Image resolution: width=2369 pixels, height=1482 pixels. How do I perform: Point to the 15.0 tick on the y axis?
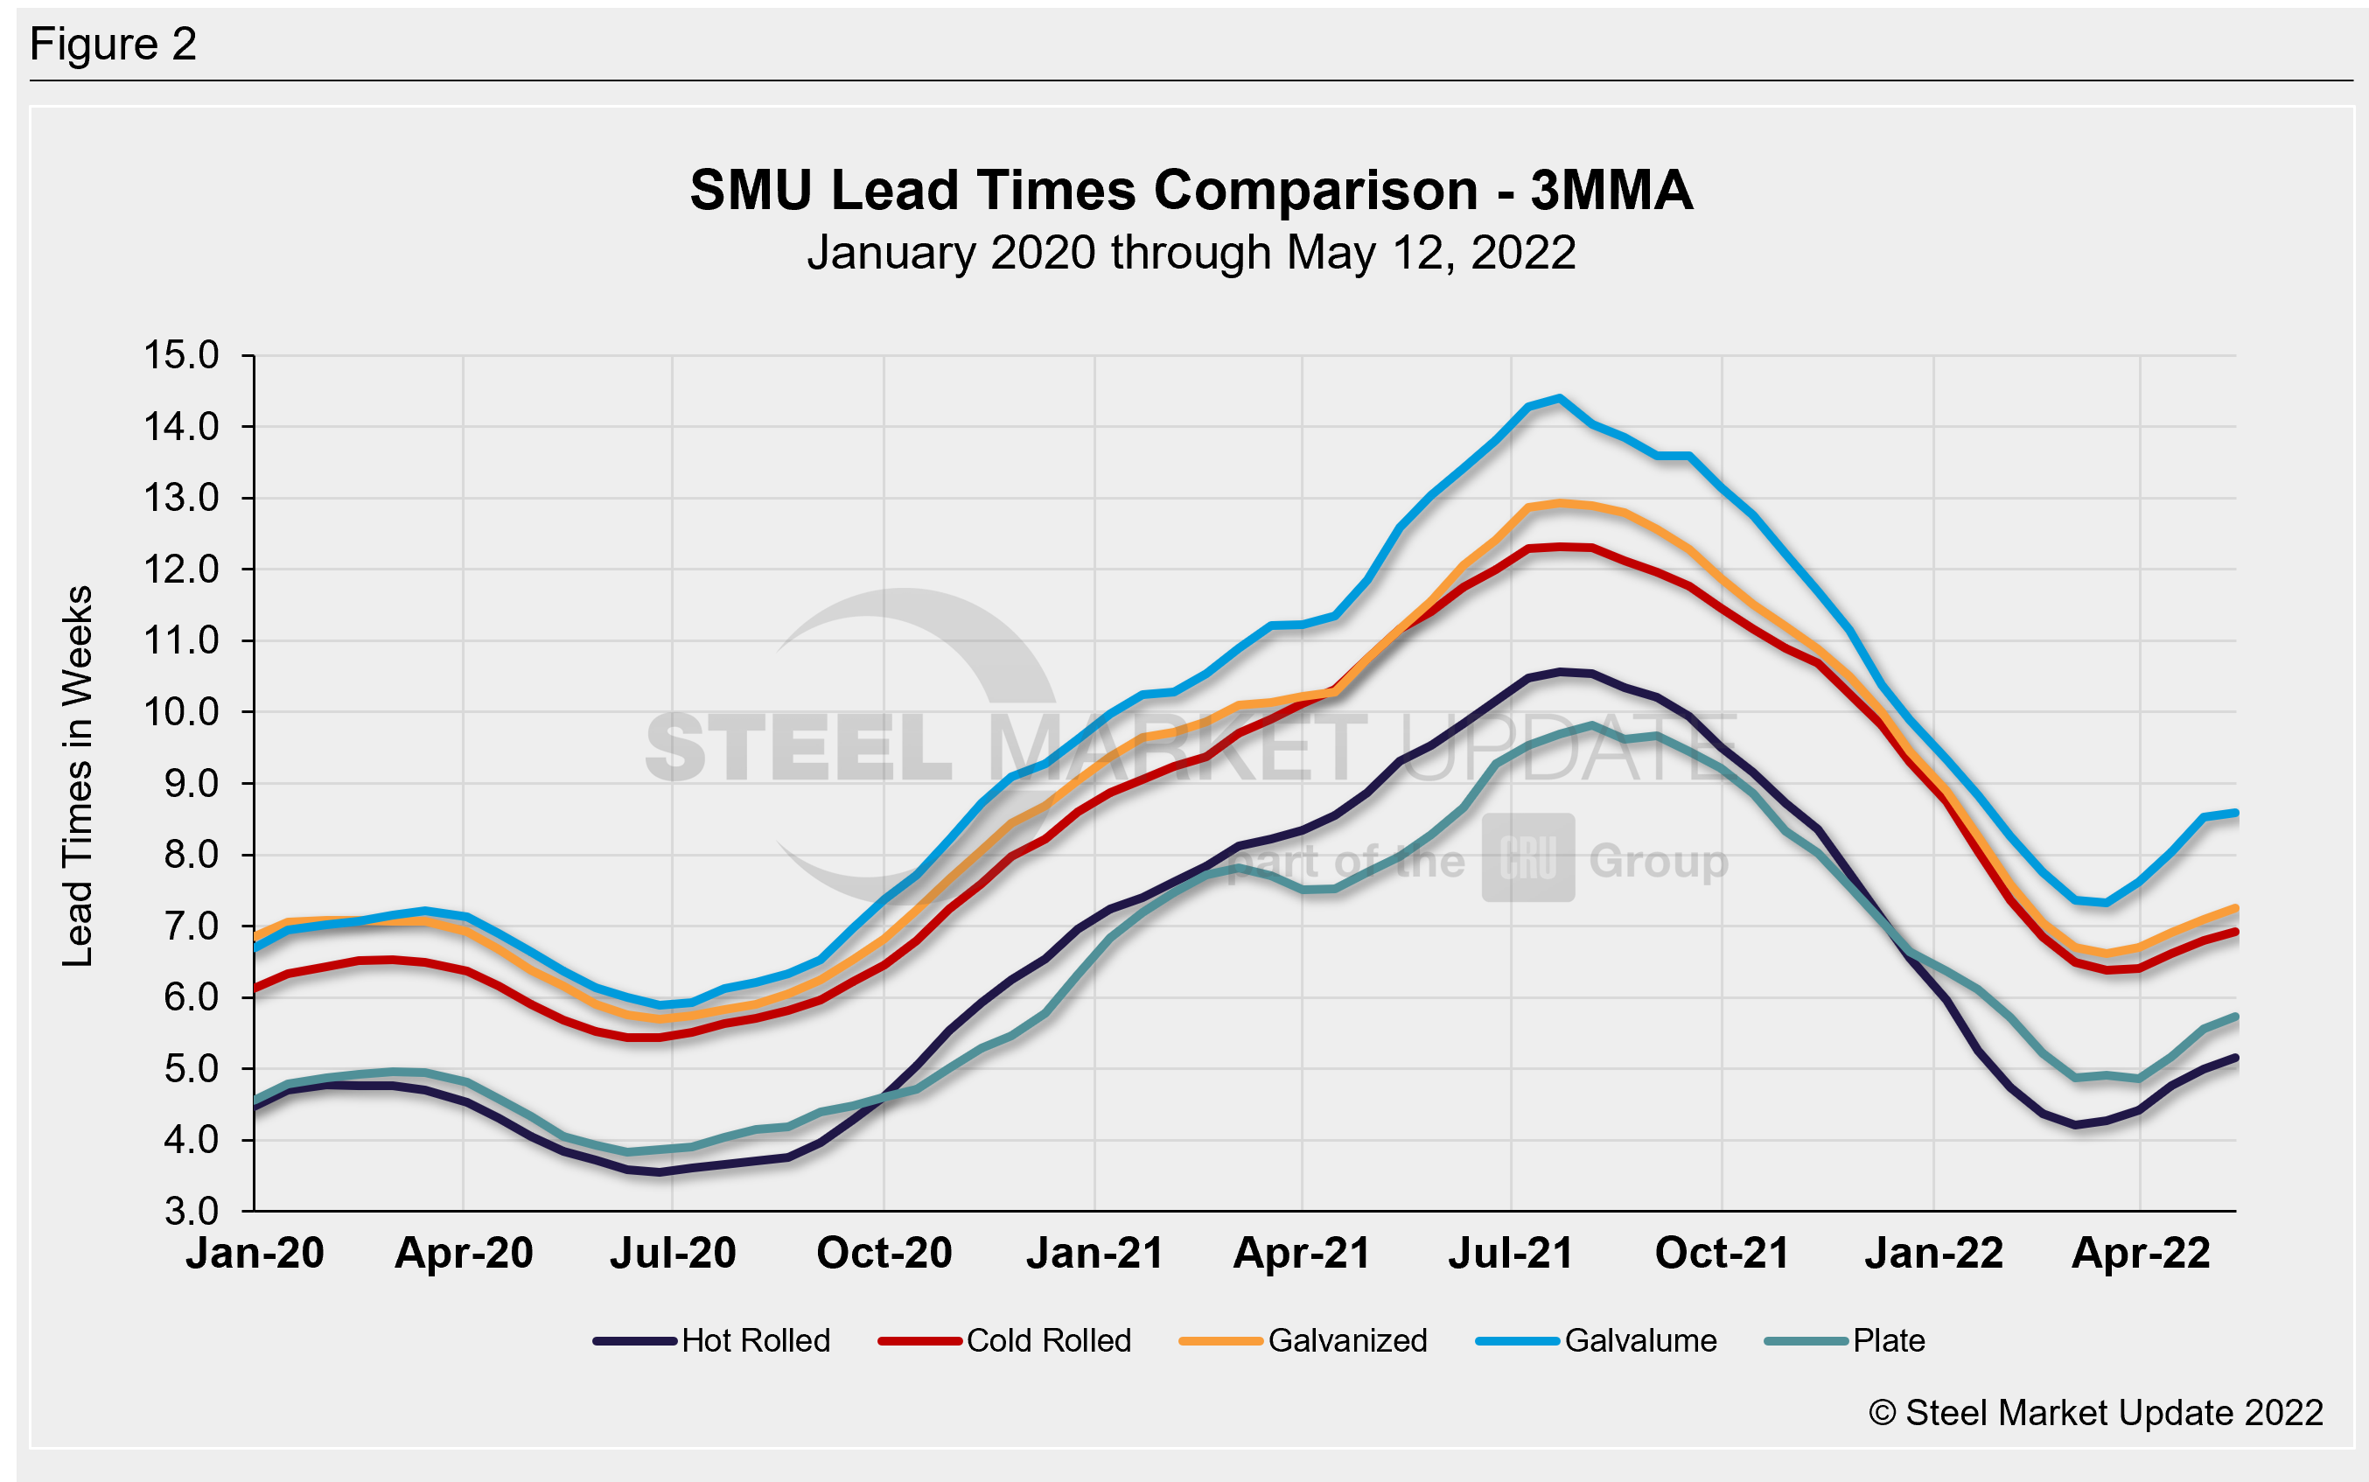pos(182,355)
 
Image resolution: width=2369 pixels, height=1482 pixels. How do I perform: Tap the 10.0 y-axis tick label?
pos(182,711)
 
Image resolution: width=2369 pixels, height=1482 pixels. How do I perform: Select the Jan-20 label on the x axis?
pos(255,1253)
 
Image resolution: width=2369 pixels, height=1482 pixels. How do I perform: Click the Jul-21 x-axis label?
pos(1511,1253)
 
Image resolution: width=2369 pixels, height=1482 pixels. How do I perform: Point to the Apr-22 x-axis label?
pos(2141,1253)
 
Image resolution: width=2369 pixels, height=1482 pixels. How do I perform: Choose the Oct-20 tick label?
pos(884,1253)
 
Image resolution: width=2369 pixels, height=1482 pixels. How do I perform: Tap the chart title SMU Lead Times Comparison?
pos(1191,189)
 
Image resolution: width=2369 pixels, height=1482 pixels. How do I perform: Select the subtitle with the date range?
pos(1191,253)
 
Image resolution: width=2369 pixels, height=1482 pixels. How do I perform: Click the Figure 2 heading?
pos(114,44)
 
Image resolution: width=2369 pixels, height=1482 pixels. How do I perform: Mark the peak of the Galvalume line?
pos(1560,398)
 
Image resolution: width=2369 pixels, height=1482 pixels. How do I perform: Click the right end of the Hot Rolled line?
pos(2235,1058)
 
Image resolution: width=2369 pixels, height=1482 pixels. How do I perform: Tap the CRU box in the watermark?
pos(1528,857)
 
